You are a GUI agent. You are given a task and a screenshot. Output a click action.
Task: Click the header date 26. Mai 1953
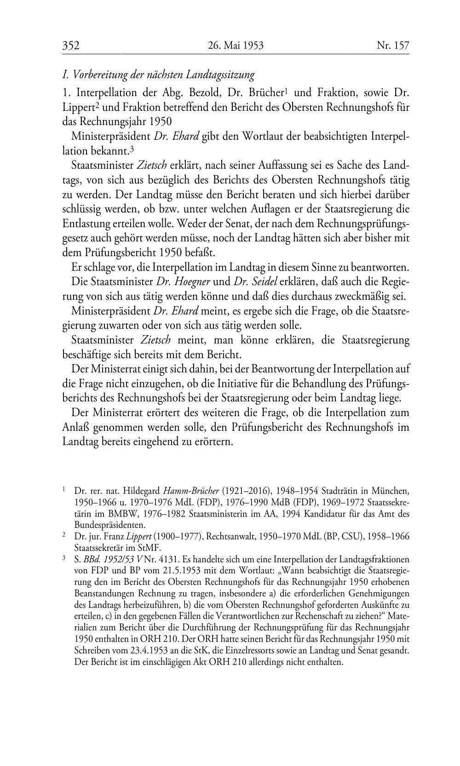[236, 46]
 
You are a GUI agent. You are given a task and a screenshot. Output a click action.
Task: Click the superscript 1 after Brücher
[286, 90]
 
